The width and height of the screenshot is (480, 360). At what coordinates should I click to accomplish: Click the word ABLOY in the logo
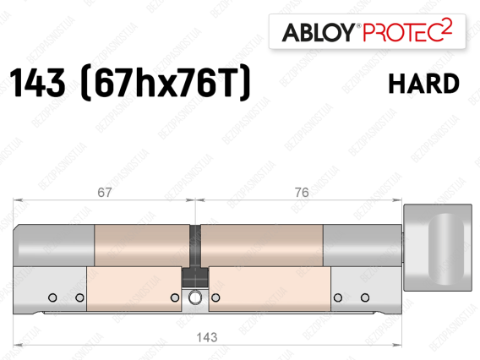coord(318,32)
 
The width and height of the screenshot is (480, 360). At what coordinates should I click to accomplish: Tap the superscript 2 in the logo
coord(447,26)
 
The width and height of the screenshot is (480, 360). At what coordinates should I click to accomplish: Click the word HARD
coord(423,84)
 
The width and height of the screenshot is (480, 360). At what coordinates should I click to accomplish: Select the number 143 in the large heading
coord(38,83)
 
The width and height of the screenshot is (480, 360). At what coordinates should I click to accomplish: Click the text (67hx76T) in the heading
coord(166,83)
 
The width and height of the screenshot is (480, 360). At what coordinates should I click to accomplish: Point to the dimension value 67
coord(105,193)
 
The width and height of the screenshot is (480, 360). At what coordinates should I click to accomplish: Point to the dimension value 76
coord(302,193)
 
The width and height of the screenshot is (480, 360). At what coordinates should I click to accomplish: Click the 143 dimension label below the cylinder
coord(207,337)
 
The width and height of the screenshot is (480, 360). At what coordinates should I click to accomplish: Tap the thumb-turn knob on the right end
coord(438,248)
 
